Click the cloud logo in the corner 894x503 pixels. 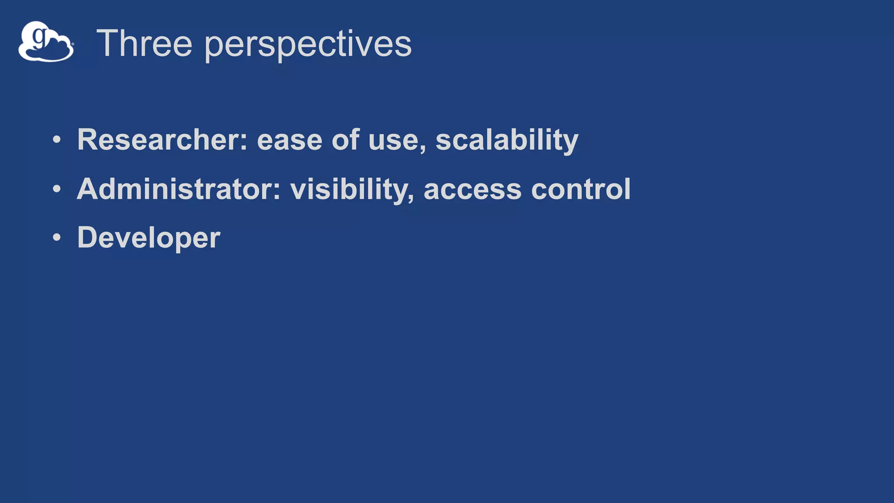click(46, 42)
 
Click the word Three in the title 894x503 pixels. click(144, 43)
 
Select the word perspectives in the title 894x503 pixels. click(308, 45)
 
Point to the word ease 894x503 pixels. click(289, 141)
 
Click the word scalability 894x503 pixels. click(507, 141)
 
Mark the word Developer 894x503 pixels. click(148, 238)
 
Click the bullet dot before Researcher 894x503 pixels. click(57, 140)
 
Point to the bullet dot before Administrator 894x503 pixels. click(57, 189)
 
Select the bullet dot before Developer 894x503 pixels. click(57, 238)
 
